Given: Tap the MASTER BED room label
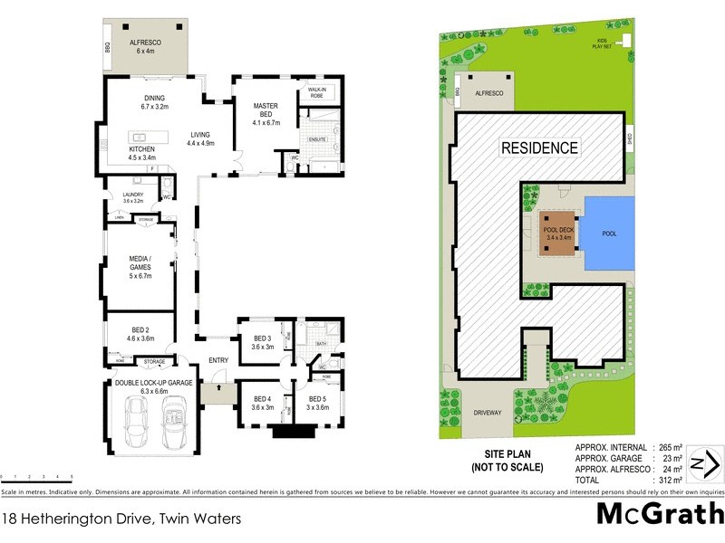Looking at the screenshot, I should click(x=264, y=111).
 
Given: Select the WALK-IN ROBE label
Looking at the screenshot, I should click(x=317, y=92).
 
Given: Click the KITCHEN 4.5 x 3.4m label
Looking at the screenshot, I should click(x=141, y=154).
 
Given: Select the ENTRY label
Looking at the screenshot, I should click(x=218, y=360).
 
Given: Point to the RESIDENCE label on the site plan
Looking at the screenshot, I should click(x=540, y=147).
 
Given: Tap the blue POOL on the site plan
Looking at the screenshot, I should click(x=608, y=233).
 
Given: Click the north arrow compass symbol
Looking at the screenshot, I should click(x=704, y=465).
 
